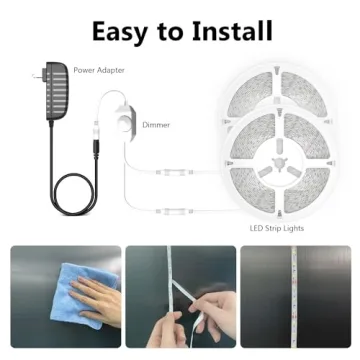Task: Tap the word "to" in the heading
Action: point(174,30)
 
